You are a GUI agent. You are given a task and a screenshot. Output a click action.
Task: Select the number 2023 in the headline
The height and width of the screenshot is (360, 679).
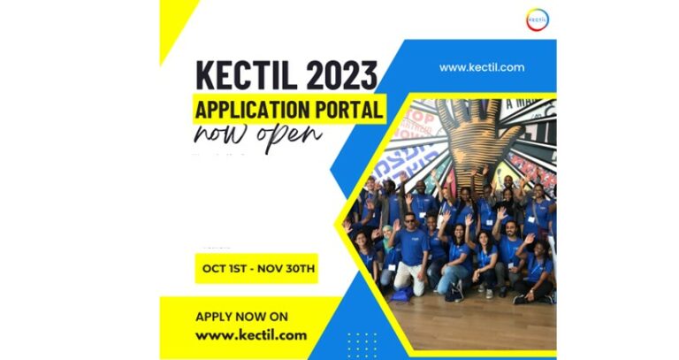[340, 77]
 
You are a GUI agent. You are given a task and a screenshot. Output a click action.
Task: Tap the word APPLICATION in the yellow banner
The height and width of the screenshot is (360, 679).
[257, 111]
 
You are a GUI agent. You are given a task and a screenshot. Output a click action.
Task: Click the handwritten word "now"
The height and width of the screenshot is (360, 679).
[222, 135]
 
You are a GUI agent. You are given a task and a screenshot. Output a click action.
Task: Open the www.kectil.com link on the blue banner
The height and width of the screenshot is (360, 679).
[482, 67]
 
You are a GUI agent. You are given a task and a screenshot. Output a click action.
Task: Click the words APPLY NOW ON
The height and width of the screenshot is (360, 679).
[241, 317]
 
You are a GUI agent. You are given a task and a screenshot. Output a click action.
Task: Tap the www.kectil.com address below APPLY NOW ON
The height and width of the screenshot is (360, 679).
[251, 335]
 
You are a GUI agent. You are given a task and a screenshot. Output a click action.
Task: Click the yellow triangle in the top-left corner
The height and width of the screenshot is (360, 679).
[173, 22]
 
